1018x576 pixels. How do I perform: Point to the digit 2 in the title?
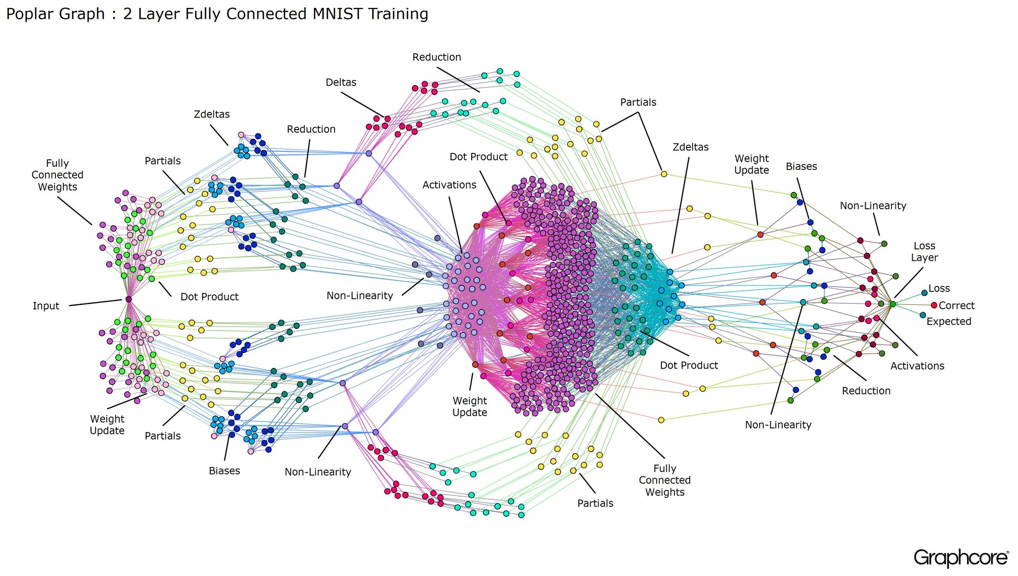tap(128, 14)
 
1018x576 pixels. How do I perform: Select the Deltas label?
tap(341, 83)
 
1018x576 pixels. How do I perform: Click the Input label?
tap(45, 306)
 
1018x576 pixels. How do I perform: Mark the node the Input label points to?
tap(129, 299)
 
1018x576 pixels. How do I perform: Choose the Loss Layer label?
tap(924, 252)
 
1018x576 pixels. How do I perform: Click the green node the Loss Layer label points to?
tap(892, 304)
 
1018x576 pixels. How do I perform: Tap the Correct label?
tap(956, 306)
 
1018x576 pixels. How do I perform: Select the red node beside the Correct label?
tap(934, 305)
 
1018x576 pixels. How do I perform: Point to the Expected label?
tap(948, 322)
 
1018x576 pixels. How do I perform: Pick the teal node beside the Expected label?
tap(923, 315)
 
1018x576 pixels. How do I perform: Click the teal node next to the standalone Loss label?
tap(924, 293)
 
